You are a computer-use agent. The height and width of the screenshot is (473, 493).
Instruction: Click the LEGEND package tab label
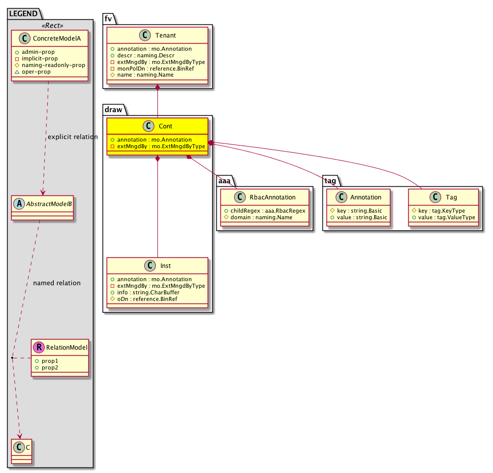click(23, 14)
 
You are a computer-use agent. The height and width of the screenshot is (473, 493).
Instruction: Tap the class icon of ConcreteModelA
click(24, 39)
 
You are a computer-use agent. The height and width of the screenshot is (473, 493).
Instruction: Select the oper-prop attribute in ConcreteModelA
click(36, 72)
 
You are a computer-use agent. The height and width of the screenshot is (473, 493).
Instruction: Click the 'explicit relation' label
click(73, 137)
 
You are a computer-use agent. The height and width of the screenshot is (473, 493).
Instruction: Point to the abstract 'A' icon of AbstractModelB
click(19, 204)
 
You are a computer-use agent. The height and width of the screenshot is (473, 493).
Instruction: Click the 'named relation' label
click(56, 283)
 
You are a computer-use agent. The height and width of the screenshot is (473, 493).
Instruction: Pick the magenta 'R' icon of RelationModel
click(39, 347)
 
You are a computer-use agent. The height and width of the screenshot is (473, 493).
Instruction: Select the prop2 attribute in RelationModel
click(50, 368)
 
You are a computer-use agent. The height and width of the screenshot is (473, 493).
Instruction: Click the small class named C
click(22, 452)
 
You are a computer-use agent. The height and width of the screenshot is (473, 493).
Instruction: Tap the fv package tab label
click(108, 19)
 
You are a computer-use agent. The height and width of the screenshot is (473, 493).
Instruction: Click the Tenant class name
click(166, 36)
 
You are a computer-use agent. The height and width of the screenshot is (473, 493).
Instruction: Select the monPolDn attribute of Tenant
click(156, 69)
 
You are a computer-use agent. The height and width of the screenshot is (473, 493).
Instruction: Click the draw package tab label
click(113, 110)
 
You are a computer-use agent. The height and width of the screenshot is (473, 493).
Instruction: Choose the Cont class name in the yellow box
click(166, 126)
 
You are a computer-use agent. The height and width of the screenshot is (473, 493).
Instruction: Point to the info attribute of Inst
click(148, 293)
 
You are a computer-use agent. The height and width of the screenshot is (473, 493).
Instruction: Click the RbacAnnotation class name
click(273, 197)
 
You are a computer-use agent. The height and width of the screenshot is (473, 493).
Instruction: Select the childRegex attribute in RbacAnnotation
click(268, 211)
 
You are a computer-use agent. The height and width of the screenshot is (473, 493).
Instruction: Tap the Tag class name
click(451, 197)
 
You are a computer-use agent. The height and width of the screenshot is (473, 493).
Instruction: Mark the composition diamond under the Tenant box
click(157, 88)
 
